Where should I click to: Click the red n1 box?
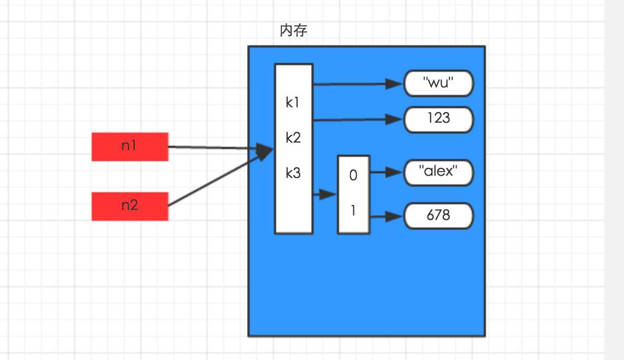[x=130, y=146]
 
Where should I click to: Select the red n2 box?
[x=130, y=206]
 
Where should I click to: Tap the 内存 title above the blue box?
[x=293, y=31]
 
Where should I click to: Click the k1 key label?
[x=293, y=103]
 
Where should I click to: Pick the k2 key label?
[x=293, y=137]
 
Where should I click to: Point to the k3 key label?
[x=293, y=173]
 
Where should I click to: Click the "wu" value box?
[x=438, y=84]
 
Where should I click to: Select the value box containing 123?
[x=438, y=119]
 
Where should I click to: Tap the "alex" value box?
[x=438, y=172]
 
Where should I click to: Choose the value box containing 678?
[x=438, y=215]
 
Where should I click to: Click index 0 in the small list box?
[x=353, y=176]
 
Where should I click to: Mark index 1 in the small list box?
[x=353, y=210]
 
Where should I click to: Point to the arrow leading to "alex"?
[x=387, y=172]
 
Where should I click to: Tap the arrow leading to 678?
[x=387, y=217]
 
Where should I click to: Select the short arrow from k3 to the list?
[x=325, y=194]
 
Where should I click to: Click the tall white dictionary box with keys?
[x=294, y=210]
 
